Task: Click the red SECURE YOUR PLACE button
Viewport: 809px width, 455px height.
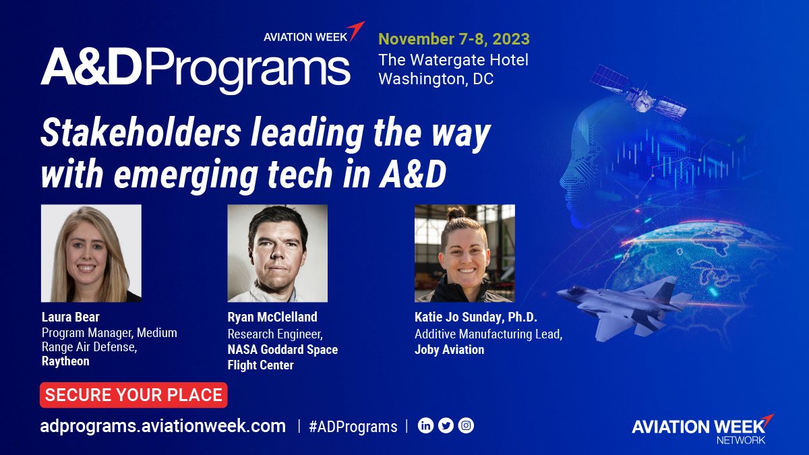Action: (133, 395)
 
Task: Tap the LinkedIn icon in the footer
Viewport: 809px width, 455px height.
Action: (425, 426)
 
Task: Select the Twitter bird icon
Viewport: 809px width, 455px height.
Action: (446, 426)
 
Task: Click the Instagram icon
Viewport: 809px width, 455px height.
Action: (466, 426)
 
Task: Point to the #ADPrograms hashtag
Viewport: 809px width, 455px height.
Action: (353, 427)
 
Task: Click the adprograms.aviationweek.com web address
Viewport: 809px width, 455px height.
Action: (163, 426)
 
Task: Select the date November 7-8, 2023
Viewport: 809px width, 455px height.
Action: (454, 38)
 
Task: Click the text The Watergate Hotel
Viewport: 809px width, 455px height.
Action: (453, 60)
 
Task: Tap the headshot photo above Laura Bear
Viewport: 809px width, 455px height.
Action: (91, 253)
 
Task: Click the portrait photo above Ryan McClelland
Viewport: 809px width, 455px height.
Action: (277, 253)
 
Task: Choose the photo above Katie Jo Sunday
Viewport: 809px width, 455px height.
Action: (465, 253)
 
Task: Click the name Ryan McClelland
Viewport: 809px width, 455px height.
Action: (272, 317)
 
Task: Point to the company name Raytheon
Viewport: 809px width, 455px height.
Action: (65, 361)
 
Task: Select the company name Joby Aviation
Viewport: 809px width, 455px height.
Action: (449, 350)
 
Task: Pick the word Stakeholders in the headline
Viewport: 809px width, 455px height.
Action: (140, 135)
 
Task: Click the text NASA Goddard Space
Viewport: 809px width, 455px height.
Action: (282, 350)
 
